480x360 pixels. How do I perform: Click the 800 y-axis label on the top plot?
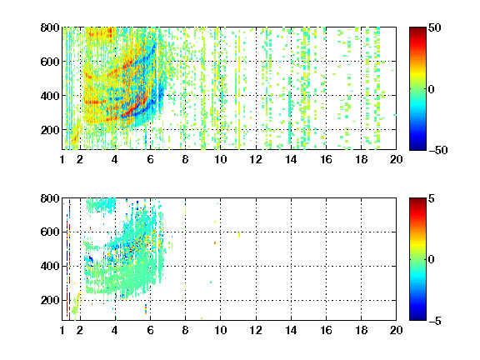[50, 27]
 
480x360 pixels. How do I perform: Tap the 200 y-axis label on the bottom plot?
[50, 300]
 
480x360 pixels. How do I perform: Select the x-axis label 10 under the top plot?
[220, 159]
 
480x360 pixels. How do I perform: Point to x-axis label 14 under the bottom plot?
[291, 330]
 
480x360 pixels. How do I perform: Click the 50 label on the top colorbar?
[434, 27]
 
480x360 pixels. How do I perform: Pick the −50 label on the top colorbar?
[437, 150]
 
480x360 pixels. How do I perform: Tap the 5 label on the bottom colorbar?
[432, 198]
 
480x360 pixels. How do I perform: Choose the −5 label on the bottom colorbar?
[435, 321]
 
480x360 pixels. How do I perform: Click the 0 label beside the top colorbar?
[432, 89]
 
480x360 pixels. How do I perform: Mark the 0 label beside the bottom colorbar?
[432, 260]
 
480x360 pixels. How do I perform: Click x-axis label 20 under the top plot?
[396, 159]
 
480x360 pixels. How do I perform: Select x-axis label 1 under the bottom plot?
[62, 330]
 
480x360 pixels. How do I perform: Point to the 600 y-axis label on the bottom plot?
[50, 232]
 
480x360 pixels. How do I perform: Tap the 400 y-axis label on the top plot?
[50, 96]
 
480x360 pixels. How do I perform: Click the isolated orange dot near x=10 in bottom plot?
[215, 242]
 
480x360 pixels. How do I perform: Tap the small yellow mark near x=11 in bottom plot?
[239, 235]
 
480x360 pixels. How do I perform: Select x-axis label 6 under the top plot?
[150, 159]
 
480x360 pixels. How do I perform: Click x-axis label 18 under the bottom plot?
[361, 330]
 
